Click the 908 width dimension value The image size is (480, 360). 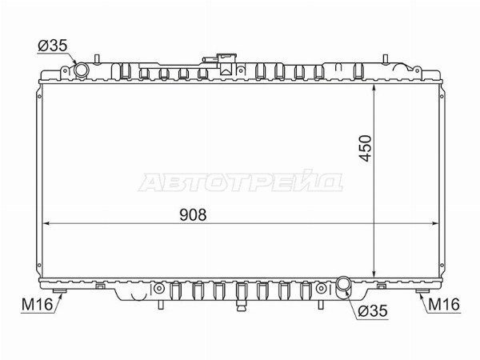point(193,215)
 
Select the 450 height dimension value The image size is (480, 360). point(366,148)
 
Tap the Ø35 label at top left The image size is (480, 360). point(52,46)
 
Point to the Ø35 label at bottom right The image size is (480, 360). point(373,311)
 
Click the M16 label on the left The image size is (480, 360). point(37,305)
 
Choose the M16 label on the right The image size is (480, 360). point(444,304)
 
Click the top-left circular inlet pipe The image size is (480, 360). point(82,70)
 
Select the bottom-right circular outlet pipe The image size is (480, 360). point(344,283)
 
